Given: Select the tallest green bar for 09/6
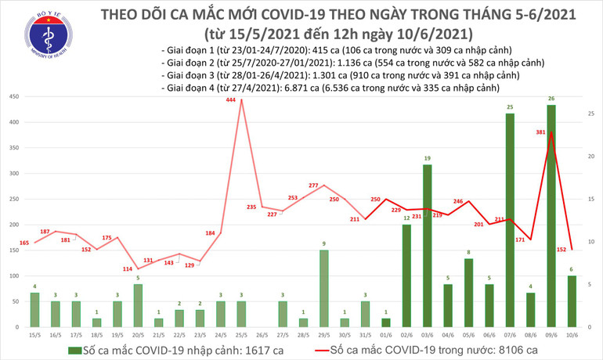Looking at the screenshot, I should click(551, 215).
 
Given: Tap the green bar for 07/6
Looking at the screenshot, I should click(510, 220).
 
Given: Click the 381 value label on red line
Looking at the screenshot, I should click(541, 132).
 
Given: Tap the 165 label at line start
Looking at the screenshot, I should click(23, 244).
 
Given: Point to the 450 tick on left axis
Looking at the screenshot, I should click(13, 96).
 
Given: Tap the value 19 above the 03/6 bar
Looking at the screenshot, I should click(428, 159).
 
